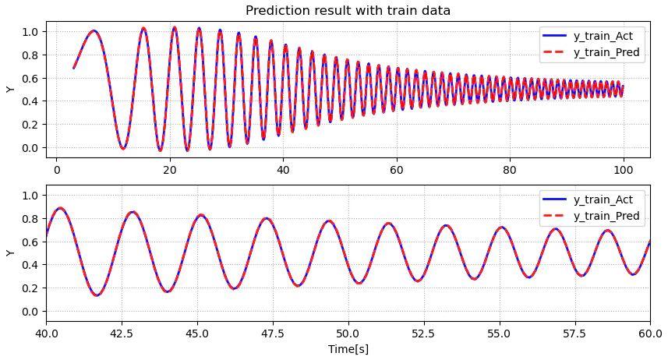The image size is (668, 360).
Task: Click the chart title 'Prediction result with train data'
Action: click(348, 10)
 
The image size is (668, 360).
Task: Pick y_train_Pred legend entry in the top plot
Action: click(591, 52)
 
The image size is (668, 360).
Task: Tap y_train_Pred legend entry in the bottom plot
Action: click(591, 216)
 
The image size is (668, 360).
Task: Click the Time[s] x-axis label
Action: click(348, 349)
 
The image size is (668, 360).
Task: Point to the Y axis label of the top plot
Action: click(10, 90)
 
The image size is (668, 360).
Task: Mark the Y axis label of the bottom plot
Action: click(10, 253)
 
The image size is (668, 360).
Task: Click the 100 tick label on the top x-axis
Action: click(624, 170)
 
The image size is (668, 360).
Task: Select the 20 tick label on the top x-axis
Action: click(170, 170)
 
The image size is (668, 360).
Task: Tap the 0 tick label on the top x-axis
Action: click(57, 170)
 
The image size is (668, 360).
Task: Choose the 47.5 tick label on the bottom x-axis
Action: click(273, 334)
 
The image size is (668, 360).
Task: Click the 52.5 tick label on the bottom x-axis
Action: click(424, 334)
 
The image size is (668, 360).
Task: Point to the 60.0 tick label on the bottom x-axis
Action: click(650, 334)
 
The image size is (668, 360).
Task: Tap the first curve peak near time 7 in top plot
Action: click(94, 30)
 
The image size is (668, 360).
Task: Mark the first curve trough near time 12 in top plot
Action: click(122, 148)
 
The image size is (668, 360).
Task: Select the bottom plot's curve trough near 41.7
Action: click(97, 294)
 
